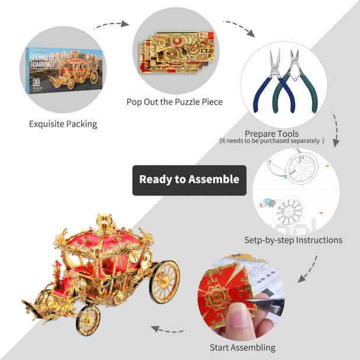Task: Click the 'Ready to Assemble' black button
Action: tap(189, 179)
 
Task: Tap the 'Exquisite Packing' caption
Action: tap(63, 124)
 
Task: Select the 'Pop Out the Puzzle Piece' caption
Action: tap(175, 102)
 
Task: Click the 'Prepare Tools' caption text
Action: tap(272, 134)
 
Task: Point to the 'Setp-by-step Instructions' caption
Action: tap(293, 240)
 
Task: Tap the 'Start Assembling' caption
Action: tap(243, 348)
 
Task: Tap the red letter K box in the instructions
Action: tap(261, 205)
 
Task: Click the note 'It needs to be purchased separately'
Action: tap(272, 142)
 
